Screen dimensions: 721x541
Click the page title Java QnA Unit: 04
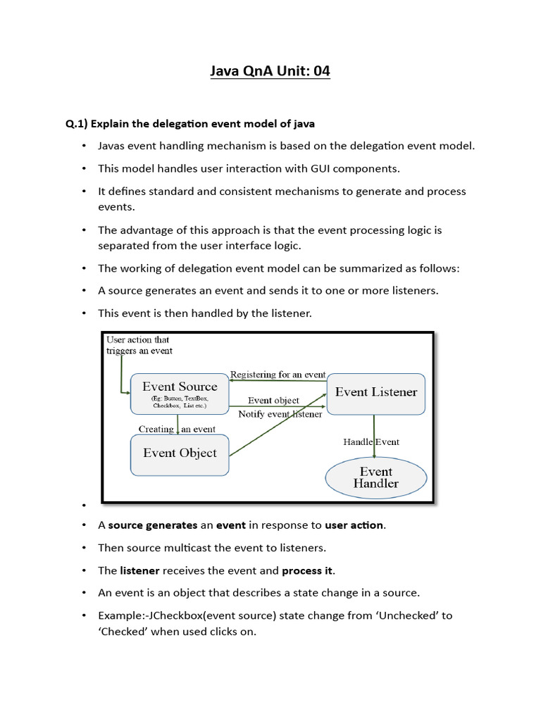270,71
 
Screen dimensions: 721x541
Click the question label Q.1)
76,124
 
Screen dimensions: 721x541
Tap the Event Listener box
376,392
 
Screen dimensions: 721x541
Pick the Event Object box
180,453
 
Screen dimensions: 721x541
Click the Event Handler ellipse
375,477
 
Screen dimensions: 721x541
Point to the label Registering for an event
278,375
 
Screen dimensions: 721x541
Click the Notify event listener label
280,414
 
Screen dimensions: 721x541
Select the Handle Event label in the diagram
371,442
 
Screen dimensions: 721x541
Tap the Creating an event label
177,429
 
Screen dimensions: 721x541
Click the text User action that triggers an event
138,345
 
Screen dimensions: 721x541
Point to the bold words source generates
153,525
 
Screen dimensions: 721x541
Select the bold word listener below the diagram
139,570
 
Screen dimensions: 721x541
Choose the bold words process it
307,570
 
